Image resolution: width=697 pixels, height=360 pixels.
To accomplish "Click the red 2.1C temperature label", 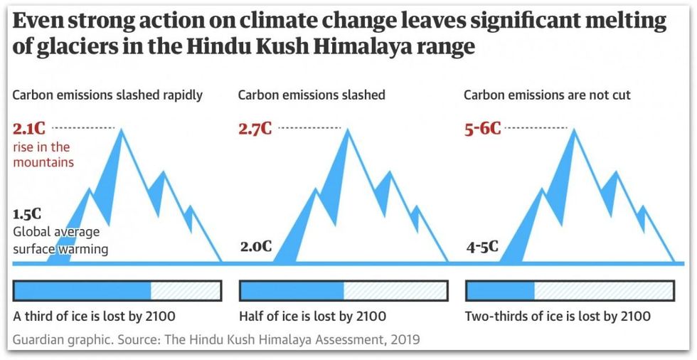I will pos(29,129).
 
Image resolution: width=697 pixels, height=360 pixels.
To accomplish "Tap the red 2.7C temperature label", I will pos(255,129).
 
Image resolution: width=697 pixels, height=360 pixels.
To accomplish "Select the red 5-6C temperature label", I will pos(482,129).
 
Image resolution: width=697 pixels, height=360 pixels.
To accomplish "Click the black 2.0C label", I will pos(256,247).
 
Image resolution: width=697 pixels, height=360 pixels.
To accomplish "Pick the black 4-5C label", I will pos(482,247).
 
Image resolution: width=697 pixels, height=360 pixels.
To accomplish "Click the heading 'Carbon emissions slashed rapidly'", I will pos(107,95).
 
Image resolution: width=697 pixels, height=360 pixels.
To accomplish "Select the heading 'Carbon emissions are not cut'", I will pos(547,95).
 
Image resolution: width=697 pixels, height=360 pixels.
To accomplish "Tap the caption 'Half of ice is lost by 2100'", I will pos(313,316).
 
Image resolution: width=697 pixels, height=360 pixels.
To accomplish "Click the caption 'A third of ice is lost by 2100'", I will pos(94,316).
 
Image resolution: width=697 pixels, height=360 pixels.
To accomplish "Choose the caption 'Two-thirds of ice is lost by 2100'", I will pos(557,316).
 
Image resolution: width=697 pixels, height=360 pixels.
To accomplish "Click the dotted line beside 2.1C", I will pos(83,128).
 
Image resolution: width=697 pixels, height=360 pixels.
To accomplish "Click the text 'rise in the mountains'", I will pos(43,154).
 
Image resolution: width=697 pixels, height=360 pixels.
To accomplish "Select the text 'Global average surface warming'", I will pos(60,240).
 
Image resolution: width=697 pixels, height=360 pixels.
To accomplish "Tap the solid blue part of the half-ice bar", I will pos(292,290).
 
